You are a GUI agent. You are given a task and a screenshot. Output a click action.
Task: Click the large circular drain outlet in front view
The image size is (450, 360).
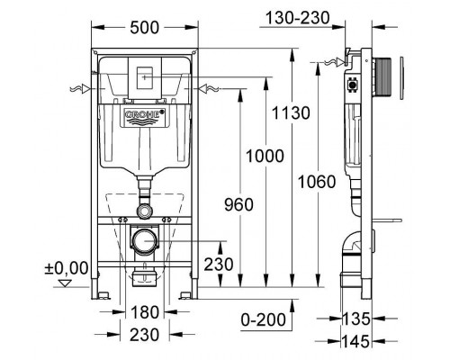tap(143, 242)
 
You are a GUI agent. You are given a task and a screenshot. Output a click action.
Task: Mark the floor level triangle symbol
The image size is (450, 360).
tap(64, 281)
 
